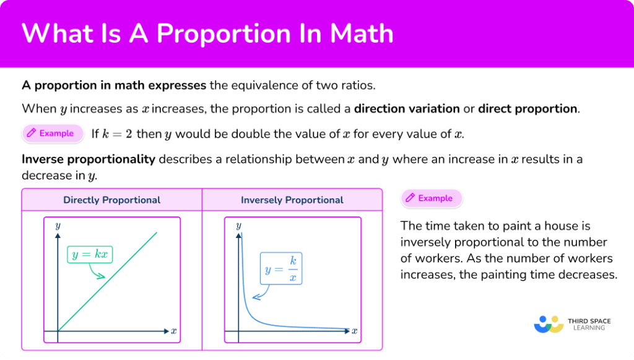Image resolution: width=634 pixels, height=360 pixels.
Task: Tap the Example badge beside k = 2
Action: tap(51, 133)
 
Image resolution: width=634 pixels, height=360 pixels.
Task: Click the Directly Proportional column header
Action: tap(112, 200)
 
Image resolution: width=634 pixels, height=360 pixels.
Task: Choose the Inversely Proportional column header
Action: tap(292, 200)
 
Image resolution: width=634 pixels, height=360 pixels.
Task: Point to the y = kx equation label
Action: tap(90, 254)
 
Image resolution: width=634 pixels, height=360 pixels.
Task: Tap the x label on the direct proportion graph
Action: tap(173, 331)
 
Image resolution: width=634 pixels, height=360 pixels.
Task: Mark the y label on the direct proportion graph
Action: tap(58, 225)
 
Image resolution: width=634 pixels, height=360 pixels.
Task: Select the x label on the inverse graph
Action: tap(354, 331)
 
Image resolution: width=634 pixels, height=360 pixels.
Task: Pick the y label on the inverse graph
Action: tap(238, 225)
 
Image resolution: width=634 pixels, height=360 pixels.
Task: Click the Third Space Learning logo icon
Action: tap(548, 324)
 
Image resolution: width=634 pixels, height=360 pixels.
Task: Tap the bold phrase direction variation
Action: tap(407, 109)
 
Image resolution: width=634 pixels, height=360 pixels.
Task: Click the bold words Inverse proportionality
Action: tap(89, 159)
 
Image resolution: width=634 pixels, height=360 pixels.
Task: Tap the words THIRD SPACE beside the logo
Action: tap(589, 321)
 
